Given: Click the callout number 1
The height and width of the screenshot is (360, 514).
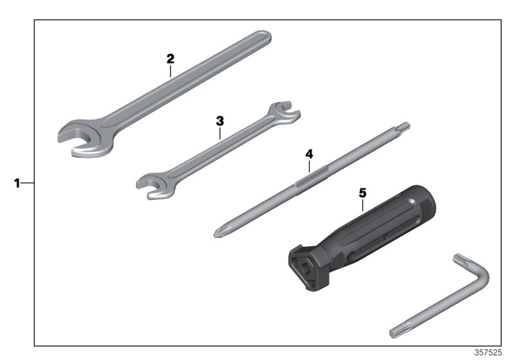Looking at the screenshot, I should pyautogui.click(x=17, y=183).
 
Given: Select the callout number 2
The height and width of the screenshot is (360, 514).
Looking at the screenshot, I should pyautogui.click(x=170, y=58).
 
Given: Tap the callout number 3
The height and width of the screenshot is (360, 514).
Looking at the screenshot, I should pyautogui.click(x=219, y=120).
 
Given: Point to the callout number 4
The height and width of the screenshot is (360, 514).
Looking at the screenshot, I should pyautogui.click(x=309, y=154).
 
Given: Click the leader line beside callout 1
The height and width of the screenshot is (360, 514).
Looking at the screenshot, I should pyautogui.click(x=28, y=183).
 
